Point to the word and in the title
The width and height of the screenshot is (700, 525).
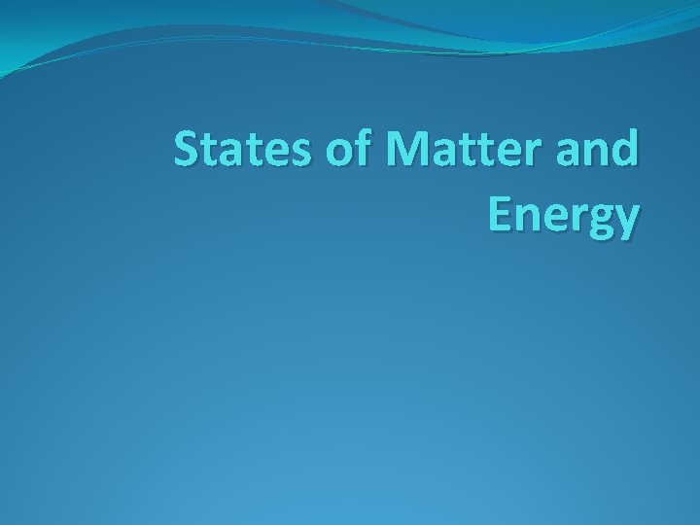(598, 154)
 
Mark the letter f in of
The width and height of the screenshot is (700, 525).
(368, 152)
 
